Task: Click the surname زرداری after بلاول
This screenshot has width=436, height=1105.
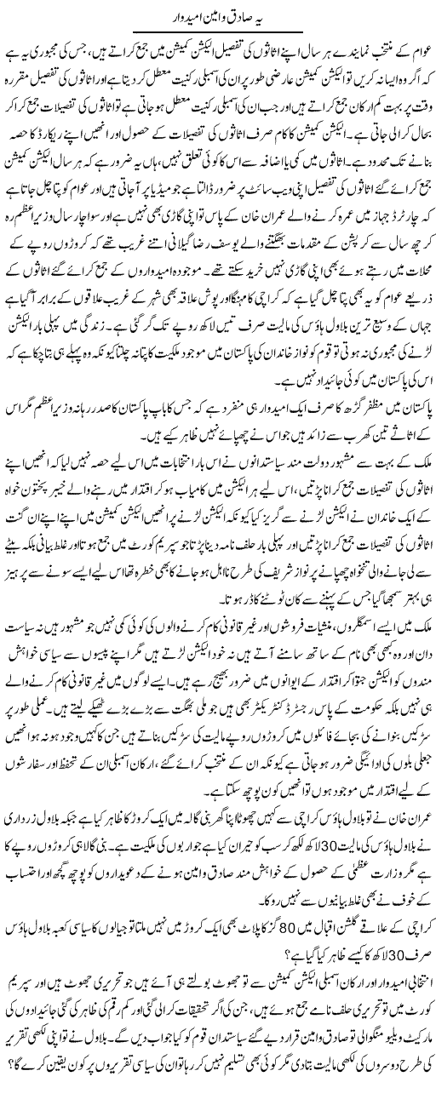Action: [x=21, y=862]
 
